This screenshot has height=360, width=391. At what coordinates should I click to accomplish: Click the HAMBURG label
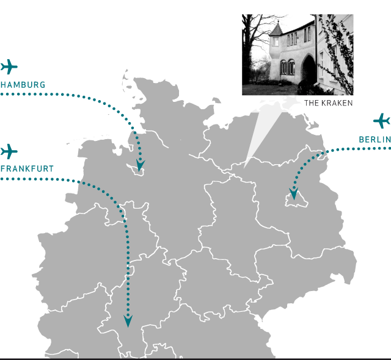pyautogui.click(x=23, y=85)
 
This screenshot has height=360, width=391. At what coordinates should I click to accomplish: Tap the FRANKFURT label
pyautogui.click(x=27, y=169)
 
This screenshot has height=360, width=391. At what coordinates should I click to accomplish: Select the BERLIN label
pyautogui.click(x=375, y=140)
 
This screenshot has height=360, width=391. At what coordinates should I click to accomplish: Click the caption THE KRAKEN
pyautogui.click(x=329, y=103)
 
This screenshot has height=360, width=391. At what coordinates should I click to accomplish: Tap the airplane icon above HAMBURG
pyautogui.click(x=9, y=67)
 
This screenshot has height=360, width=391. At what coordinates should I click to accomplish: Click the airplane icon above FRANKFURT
pyautogui.click(x=9, y=151)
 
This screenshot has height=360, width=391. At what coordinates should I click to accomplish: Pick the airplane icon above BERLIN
pyautogui.click(x=381, y=121)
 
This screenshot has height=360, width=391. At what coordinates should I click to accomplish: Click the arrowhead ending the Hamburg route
pyautogui.click(x=141, y=165)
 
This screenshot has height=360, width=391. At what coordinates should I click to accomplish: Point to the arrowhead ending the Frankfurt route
pyautogui.click(x=128, y=321)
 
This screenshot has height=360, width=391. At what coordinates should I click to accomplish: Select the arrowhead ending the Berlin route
pyautogui.click(x=294, y=194)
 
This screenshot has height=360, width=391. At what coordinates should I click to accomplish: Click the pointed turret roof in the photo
pyautogui.click(x=277, y=29)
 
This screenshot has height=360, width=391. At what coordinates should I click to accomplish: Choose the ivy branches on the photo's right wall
pyautogui.click(x=337, y=52)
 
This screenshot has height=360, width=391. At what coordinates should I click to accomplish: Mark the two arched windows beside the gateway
pyautogui.click(x=287, y=67)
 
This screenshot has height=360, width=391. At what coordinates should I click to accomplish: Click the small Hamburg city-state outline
pyautogui.click(x=136, y=170)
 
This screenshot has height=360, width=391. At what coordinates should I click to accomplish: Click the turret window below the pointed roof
pyautogui.click(x=276, y=41)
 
